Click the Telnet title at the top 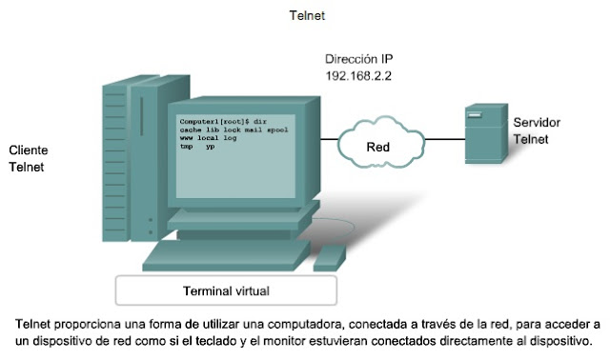click(308, 16)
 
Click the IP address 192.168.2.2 click(360, 74)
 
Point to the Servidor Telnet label click(536, 131)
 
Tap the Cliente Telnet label click(29, 159)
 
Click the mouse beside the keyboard click(330, 254)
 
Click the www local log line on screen click(208, 139)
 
